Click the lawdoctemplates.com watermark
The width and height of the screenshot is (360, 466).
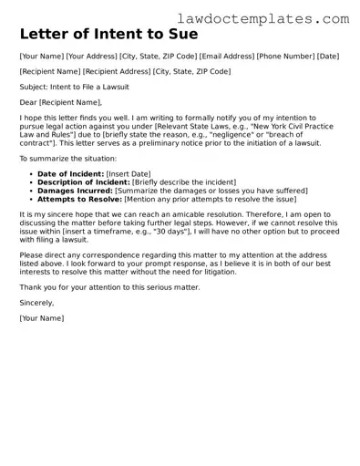(290, 17)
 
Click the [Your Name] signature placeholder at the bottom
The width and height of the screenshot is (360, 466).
(41, 317)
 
